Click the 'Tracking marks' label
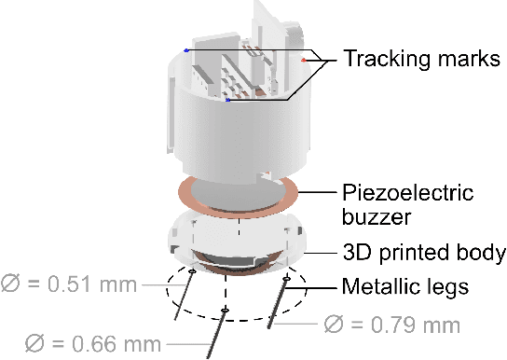click(x=421, y=59)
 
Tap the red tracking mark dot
click(x=303, y=61)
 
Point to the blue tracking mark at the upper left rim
click(x=185, y=50)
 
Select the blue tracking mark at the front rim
click(x=228, y=100)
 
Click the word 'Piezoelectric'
click(x=407, y=193)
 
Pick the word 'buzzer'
click(x=377, y=216)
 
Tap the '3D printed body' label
click(x=424, y=253)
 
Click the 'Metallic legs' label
click(x=405, y=286)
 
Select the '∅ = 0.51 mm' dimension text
click(x=69, y=284)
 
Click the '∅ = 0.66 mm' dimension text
click(x=93, y=343)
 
